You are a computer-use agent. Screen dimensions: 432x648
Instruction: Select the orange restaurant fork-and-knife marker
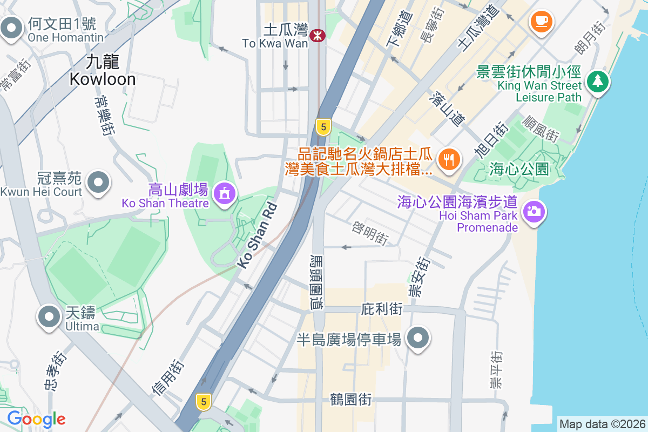pos(449,159)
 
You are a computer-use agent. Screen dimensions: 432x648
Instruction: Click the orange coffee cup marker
pos(541,21)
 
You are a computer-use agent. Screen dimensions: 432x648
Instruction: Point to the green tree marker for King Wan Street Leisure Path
pos(597,82)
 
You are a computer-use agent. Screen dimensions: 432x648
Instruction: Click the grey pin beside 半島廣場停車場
pos(417,339)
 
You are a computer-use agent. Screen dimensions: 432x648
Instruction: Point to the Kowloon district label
pos(102,70)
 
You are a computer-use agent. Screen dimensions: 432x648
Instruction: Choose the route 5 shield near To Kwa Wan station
pos(323,127)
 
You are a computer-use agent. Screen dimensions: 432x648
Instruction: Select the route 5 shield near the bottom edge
pos(203,401)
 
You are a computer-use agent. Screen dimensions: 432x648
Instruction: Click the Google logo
pos(36,418)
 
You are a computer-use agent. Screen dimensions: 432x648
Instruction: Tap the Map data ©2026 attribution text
pos(602,424)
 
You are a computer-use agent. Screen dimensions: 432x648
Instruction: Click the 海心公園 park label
pos(519,169)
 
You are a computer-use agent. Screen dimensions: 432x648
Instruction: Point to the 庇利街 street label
pos(381,309)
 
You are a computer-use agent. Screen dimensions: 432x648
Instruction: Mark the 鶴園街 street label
pos(351,400)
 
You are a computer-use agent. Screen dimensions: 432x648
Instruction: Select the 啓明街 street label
pos(370,233)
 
